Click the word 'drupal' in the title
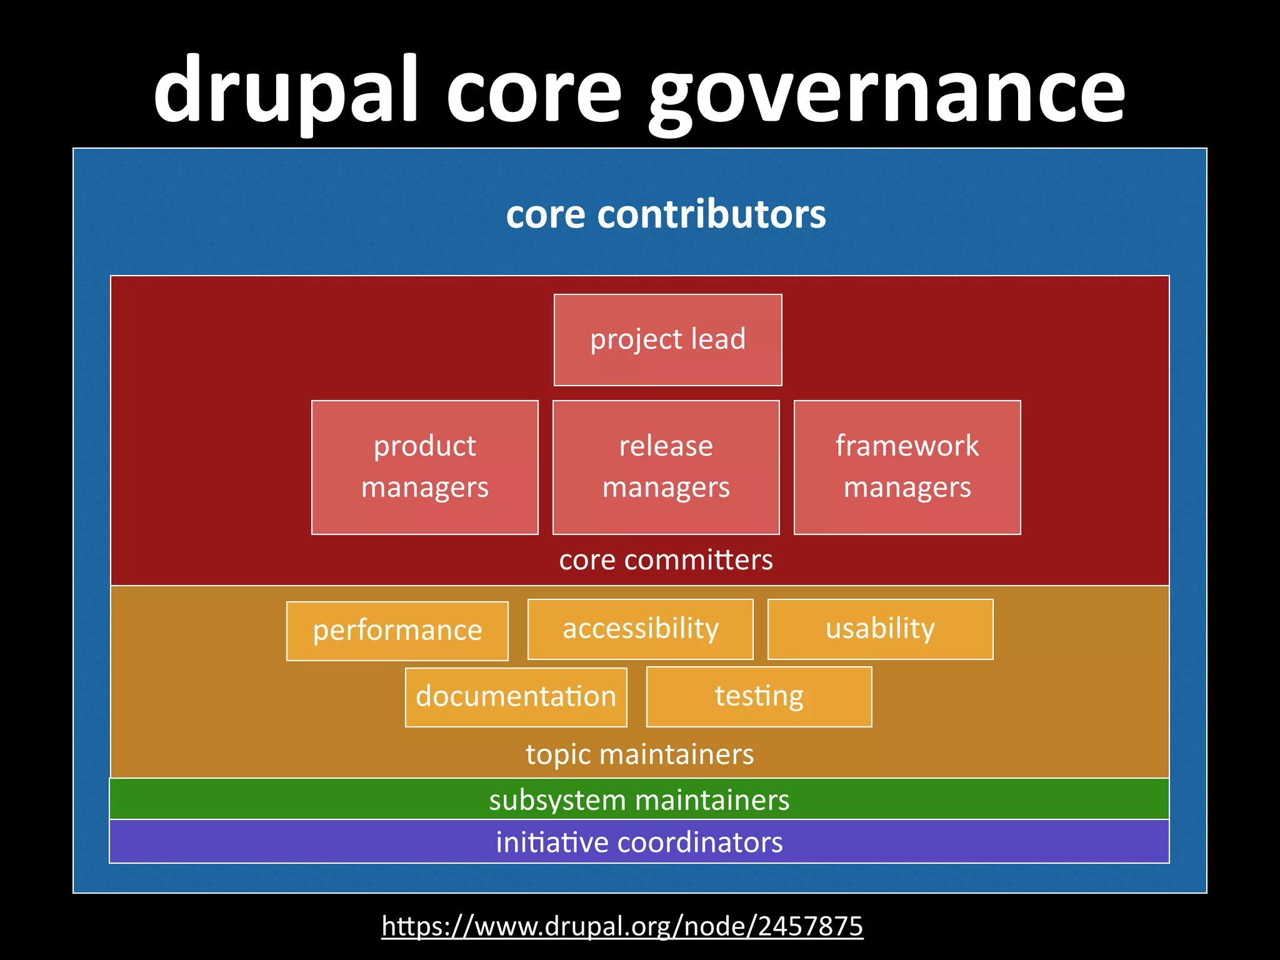point(284,91)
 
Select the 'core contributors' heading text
point(666,214)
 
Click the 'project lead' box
point(667,340)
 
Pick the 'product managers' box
point(425,467)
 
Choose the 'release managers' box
point(666,467)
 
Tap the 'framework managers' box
point(907,467)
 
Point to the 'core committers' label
point(666,560)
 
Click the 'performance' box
point(397,631)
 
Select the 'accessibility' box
point(640,629)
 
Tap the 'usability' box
point(880,629)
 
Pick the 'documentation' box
point(516,697)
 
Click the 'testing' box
point(759,696)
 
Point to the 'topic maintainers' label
point(639,754)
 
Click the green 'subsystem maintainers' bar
point(639,799)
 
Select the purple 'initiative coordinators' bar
point(639,842)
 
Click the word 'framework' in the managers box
point(907,446)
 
